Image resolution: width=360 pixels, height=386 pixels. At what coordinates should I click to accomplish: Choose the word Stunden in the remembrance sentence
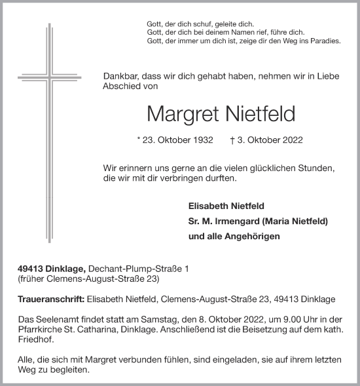click(317, 168)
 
